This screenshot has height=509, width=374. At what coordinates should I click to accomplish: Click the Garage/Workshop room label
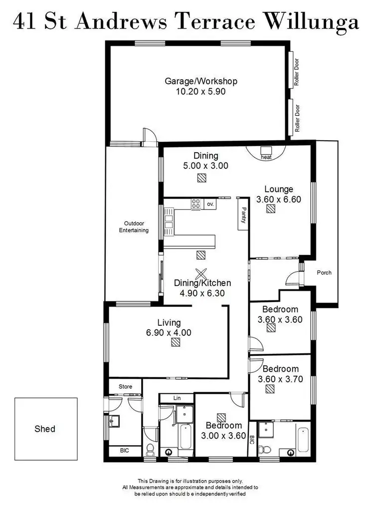tap(201, 81)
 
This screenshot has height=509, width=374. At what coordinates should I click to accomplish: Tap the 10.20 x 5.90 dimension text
tap(201, 92)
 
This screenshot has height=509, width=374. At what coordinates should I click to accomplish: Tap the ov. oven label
tap(210, 204)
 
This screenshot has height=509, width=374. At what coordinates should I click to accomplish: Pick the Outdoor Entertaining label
tap(134, 227)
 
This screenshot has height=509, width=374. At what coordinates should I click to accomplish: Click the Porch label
tap(324, 272)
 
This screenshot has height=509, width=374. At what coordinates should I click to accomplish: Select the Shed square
tap(45, 429)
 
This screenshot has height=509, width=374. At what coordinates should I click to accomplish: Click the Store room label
tap(125, 386)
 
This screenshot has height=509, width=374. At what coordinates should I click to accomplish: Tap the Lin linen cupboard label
tap(177, 398)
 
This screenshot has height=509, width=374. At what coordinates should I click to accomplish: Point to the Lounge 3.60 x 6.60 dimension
tap(279, 199)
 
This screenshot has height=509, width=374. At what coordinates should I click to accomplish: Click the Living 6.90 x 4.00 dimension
tap(169, 332)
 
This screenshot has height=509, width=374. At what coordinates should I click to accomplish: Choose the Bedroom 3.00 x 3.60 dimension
tap(223, 436)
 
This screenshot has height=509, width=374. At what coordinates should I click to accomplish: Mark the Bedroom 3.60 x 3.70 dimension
tap(281, 379)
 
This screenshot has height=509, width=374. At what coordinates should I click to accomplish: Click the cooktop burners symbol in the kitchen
tap(196, 204)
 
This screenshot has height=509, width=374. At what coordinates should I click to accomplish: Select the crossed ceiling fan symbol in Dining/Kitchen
tap(201, 273)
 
